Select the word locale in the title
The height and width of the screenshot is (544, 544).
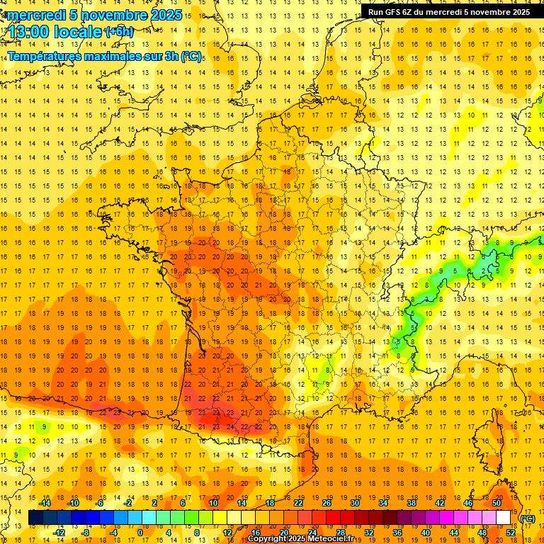81,31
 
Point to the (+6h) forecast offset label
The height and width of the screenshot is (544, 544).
119,31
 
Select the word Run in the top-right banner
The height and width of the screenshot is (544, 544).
376,11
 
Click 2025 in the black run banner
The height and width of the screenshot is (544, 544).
518,11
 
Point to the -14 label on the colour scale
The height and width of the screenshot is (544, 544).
46,503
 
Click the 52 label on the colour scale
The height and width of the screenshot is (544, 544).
511,532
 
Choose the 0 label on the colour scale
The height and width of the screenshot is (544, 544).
140,532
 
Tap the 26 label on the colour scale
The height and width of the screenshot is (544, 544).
327,503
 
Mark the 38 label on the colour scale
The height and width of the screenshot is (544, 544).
411,503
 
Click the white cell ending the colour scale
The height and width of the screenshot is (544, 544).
504,518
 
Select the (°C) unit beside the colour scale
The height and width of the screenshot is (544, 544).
527,518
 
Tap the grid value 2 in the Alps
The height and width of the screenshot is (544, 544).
484,271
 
